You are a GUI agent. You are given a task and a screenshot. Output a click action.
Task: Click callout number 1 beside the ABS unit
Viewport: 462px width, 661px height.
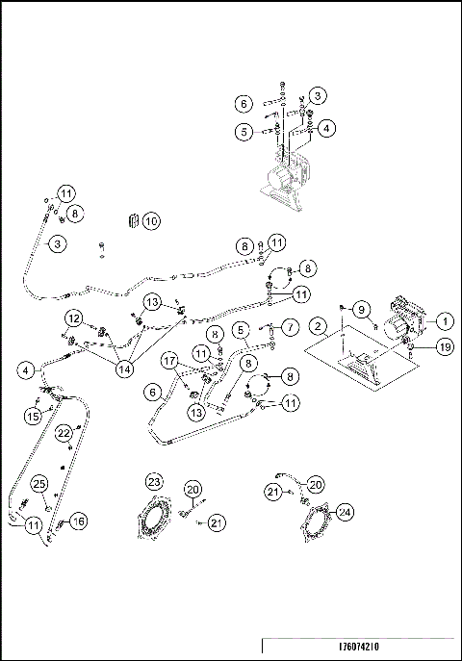click(446, 319)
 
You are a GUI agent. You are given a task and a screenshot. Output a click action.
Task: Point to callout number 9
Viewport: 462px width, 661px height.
click(362, 309)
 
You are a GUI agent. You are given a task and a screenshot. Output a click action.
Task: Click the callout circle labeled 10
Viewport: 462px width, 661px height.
click(151, 221)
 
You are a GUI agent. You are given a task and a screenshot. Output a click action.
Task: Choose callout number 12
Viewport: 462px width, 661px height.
click(73, 318)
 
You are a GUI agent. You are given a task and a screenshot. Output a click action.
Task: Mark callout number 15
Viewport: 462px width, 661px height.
click(33, 416)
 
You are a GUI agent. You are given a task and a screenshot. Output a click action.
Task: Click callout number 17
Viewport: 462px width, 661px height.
click(170, 363)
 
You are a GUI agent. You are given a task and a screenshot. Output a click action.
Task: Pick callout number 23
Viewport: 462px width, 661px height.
click(154, 481)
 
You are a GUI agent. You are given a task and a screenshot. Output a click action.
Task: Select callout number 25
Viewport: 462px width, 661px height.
click(39, 483)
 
